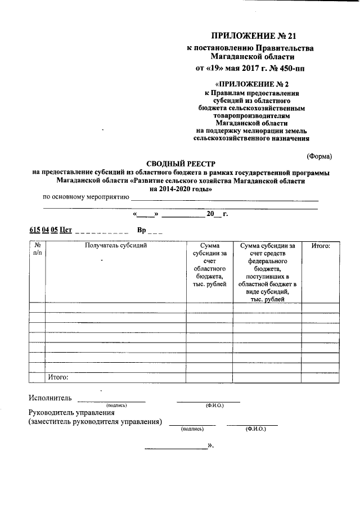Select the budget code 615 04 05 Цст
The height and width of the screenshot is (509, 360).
(51, 230)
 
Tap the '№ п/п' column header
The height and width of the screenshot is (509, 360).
(37, 249)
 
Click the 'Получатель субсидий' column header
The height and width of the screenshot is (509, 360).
(116, 246)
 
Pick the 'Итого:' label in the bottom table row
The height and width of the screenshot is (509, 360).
(58, 377)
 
